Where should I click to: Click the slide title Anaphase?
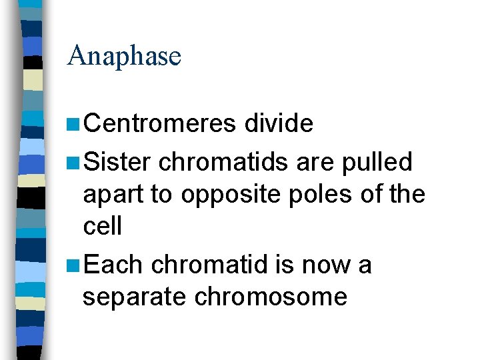tap(124, 56)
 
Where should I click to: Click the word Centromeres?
tap(161, 123)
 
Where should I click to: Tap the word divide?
tap(279, 123)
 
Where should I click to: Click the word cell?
tap(103, 226)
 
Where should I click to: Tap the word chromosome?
tap(271, 297)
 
